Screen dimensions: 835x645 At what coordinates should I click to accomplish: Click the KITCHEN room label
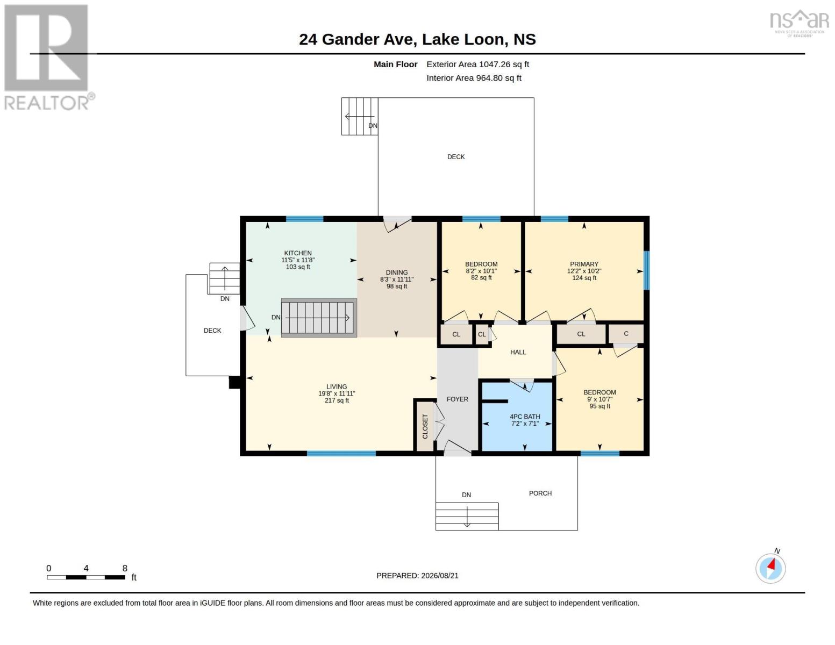[298, 253]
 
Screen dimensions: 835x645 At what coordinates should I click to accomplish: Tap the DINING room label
[397, 273]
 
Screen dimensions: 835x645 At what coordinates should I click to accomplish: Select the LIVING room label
[337, 387]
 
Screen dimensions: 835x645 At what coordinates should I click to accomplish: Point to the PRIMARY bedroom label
[584, 264]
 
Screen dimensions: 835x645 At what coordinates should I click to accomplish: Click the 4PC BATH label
[525, 417]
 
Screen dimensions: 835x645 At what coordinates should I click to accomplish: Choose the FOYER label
[457, 399]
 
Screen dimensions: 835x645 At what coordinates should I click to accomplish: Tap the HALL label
[518, 352]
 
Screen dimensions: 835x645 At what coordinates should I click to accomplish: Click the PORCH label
[540, 493]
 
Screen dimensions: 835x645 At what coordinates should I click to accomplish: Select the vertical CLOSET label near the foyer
[425, 426]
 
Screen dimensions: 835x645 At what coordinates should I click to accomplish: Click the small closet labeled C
[626, 333]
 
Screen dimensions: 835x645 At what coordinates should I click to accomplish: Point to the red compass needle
[771, 564]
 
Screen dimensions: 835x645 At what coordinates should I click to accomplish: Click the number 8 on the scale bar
[125, 568]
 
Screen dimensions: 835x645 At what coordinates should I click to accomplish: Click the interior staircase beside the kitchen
[319, 318]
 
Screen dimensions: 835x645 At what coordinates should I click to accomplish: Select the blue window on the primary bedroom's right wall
[646, 270]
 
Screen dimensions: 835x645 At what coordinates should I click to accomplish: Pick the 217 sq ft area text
[337, 400]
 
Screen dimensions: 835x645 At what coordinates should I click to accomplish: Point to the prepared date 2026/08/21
[440, 576]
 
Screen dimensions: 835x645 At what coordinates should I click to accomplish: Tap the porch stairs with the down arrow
[467, 517]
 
